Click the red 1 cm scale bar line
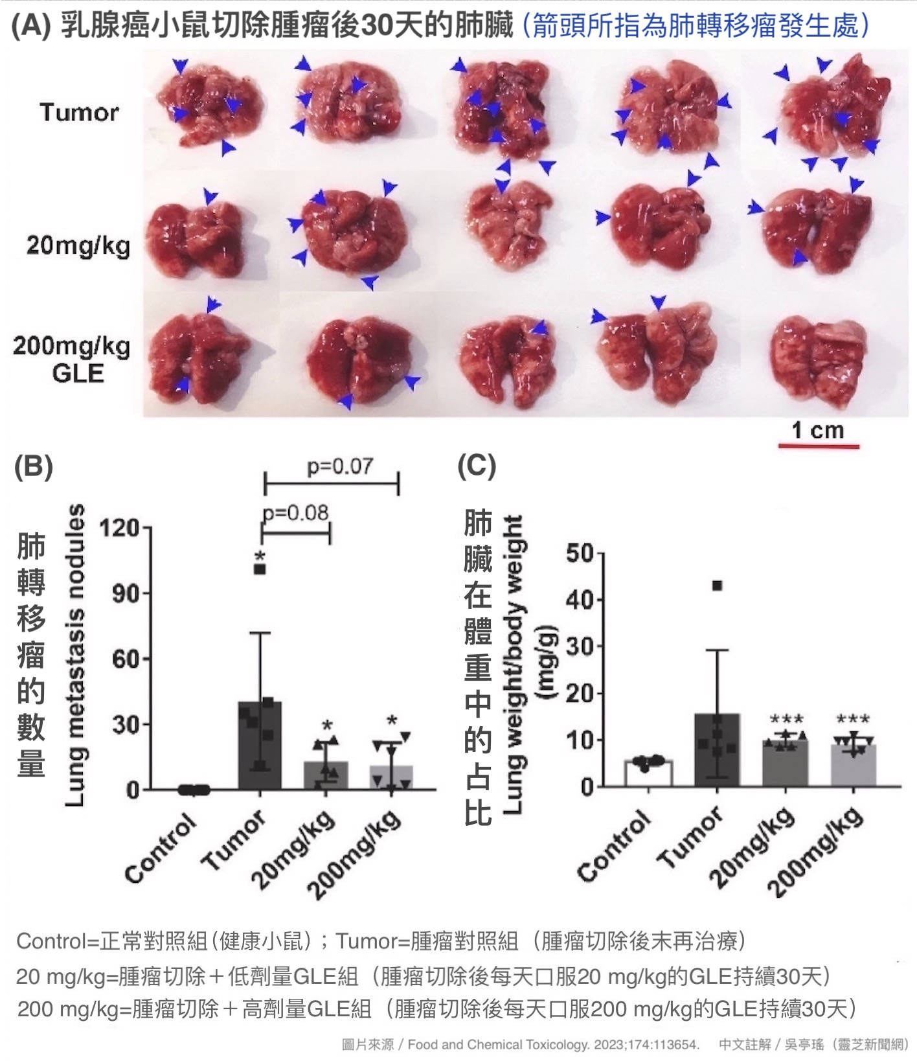click(818, 446)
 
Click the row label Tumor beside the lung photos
click(79, 113)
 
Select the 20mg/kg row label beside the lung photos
click(78, 246)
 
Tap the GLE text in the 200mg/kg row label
click(78, 374)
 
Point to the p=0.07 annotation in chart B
click(340, 466)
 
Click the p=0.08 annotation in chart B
click(296, 513)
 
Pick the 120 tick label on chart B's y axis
click(119, 528)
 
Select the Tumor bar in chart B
click(260, 745)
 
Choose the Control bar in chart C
click(648, 773)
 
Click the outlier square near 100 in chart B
click(260, 569)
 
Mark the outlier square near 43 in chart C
click(717, 586)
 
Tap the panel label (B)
click(33, 466)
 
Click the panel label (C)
click(477, 466)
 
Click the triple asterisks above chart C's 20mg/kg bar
click(786, 720)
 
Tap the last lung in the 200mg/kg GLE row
click(819, 359)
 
